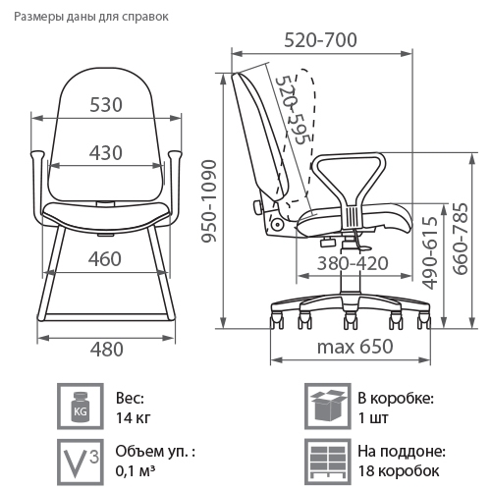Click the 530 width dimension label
106,105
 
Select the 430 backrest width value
106,153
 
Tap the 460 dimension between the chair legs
105,259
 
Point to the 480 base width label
107,350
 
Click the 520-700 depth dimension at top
320,40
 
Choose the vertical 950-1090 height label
209,201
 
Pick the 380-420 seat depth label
353,263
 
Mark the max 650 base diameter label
355,347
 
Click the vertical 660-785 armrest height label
461,239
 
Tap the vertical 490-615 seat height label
430,253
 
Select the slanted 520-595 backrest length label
292,110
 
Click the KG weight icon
81,407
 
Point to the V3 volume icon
81,462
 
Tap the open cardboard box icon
328,407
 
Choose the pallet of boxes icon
328,462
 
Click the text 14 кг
134,418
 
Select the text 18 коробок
399,471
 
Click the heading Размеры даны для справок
91,17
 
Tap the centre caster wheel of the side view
350,320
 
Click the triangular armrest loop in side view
349,184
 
